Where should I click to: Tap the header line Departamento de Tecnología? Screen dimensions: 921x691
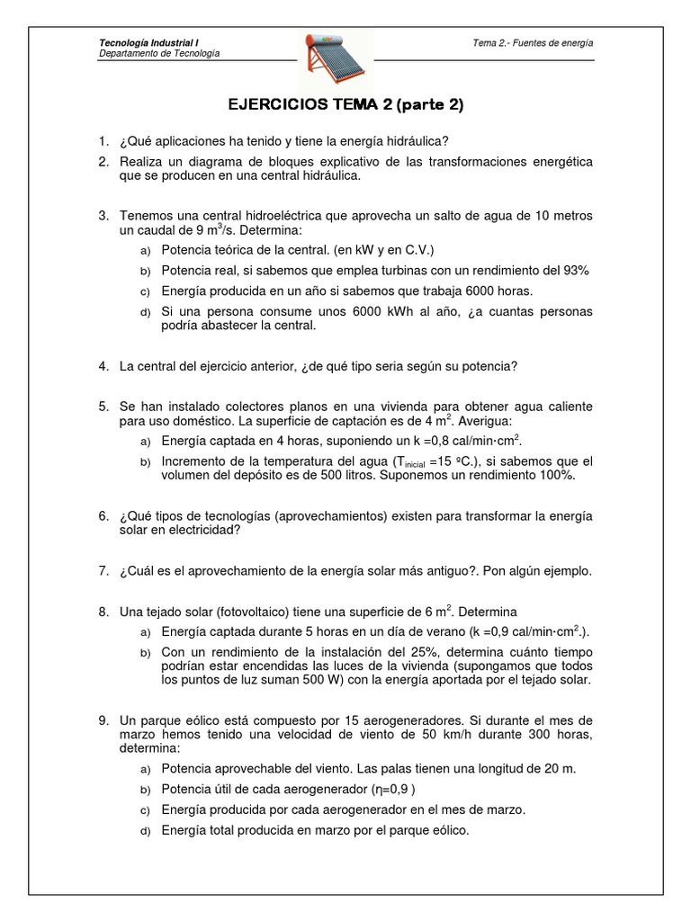[x=158, y=53]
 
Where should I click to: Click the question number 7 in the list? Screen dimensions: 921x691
[x=103, y=571]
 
